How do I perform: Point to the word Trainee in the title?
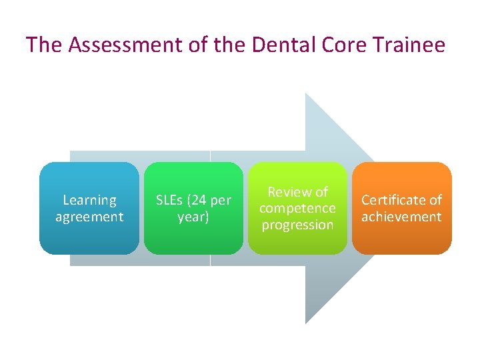(x=411, y=45)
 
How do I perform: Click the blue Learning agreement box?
(x=89, y=208)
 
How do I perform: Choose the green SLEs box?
(x=193, y=208)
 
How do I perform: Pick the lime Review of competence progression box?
(x=297, y=208)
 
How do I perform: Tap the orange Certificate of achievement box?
(x=401, y=208)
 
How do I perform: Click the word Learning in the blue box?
(x=89, y=200)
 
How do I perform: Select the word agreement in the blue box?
(x=89, y=217)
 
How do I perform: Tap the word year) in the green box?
(x=193, y=217)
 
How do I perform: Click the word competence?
(x=297, y=208)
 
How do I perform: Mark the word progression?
(x=297, y=225)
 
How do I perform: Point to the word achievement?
(x=401, y=217)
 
